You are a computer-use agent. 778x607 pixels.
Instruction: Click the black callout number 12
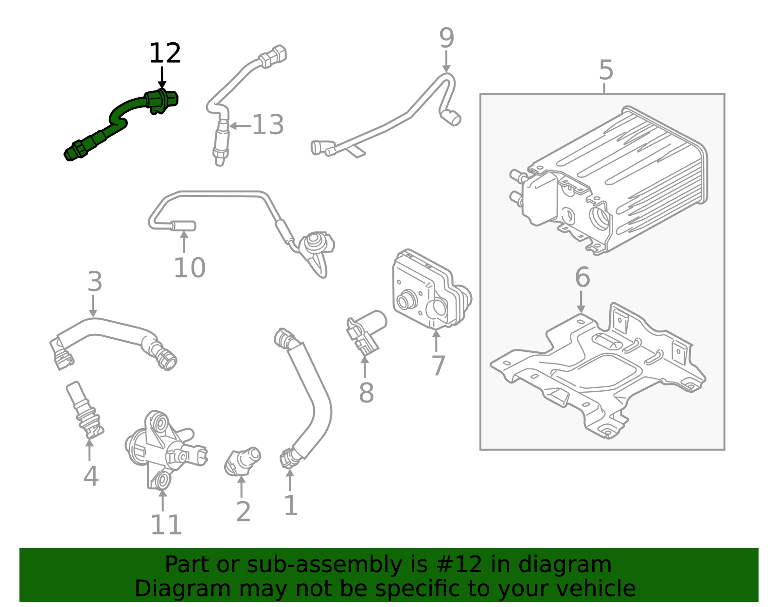click(165, 53)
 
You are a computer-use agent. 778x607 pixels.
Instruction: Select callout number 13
click(267, 125)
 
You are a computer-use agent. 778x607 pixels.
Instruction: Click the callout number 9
click(446, 38)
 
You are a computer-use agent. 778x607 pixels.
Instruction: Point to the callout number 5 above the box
click(606, 71)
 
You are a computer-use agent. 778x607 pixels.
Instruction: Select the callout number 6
click(582, 277)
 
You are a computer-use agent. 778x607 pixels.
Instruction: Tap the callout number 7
click(438, 366)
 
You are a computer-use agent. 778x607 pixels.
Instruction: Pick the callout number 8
click(366, 393)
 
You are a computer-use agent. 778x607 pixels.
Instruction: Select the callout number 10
click(190, 268)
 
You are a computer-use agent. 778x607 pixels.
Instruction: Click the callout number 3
click(95, 282)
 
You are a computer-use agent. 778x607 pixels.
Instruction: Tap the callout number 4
click(91, 476)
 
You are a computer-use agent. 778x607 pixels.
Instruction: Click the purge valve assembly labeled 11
click(165, 450)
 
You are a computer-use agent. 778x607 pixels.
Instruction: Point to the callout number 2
click(243, 512)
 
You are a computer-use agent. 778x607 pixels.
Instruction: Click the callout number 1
click(290, 506)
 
